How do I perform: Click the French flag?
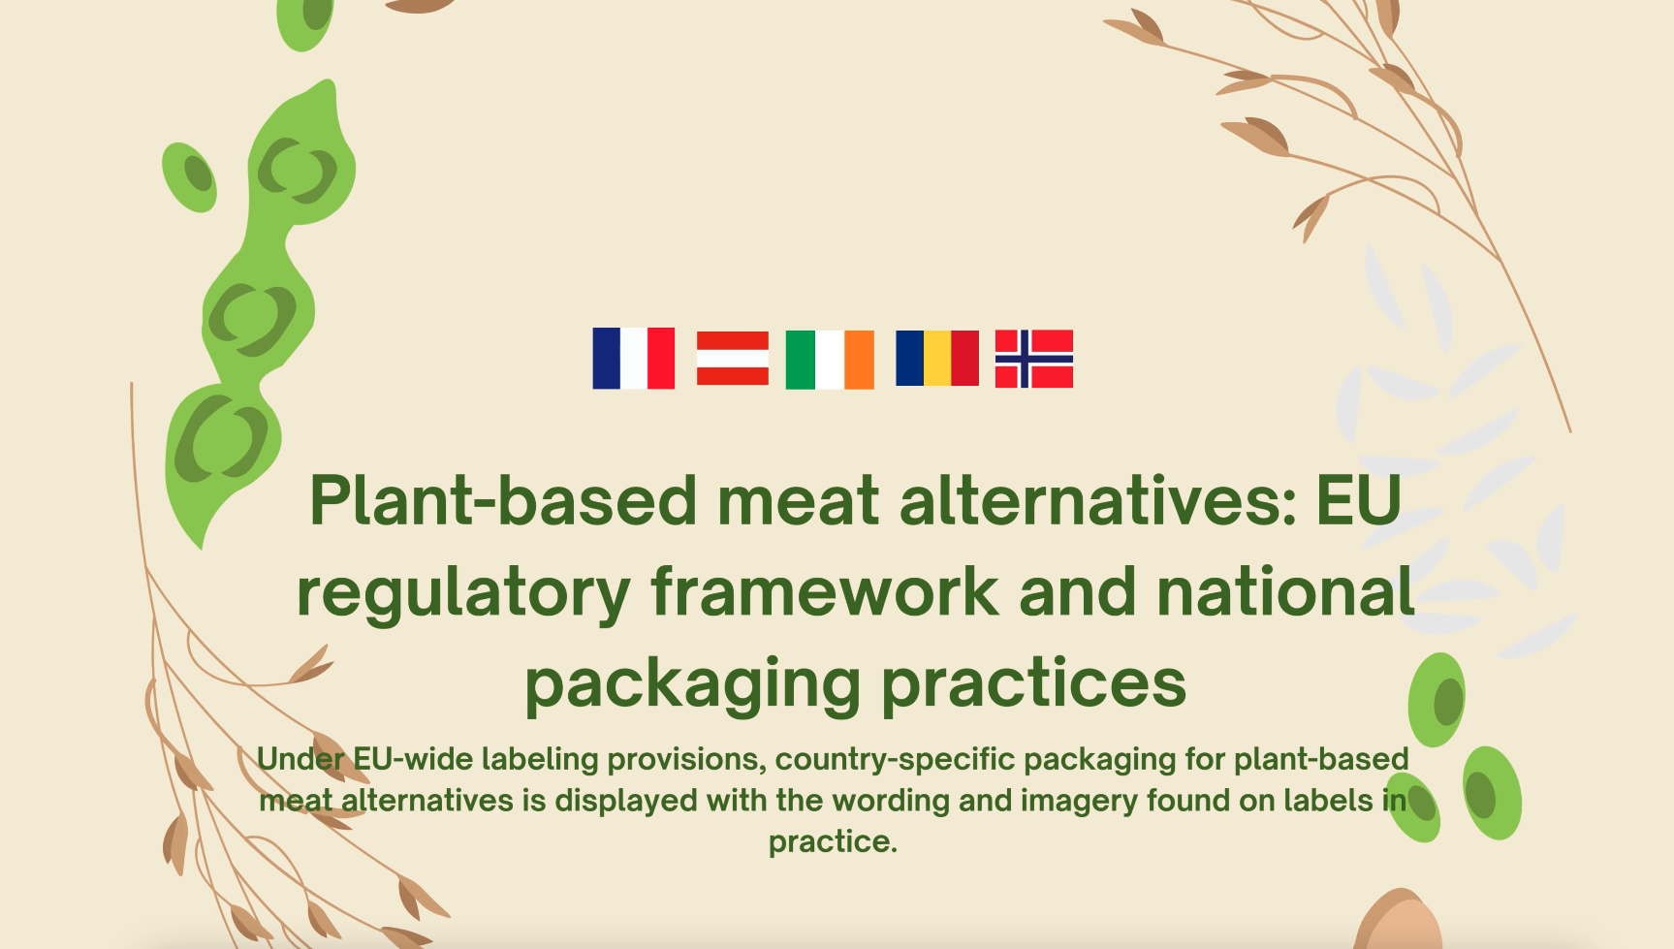pos(634,359)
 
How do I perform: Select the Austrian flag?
pos(733,359)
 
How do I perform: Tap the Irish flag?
pos(830,360)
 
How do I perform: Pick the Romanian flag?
pos(937,359)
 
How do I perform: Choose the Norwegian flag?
pos(1034,359)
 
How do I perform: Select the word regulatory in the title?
pos(463,593)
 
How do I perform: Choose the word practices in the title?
pos(1033,683)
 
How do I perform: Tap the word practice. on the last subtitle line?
pos(833,842)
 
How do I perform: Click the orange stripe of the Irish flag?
pos(859,360)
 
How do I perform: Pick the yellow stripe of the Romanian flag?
pos(937,359)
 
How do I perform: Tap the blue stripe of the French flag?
pos(606,359)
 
